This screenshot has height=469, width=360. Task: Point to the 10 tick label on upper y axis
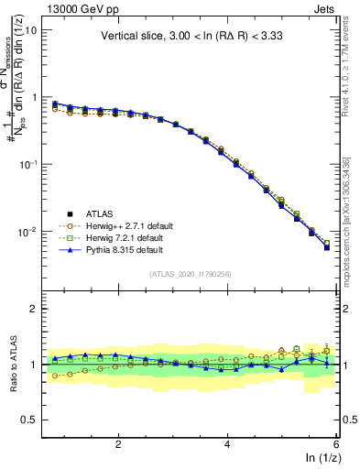pos(29,29)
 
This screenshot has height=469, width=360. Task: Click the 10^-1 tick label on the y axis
pos(27,164)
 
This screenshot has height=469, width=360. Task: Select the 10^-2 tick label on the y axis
pos(27,232)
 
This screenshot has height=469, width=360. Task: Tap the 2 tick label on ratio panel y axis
pos(33,309)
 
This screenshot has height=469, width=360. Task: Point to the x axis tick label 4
pos(227,444)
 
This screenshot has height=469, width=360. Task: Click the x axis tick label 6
pos(336,444)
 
